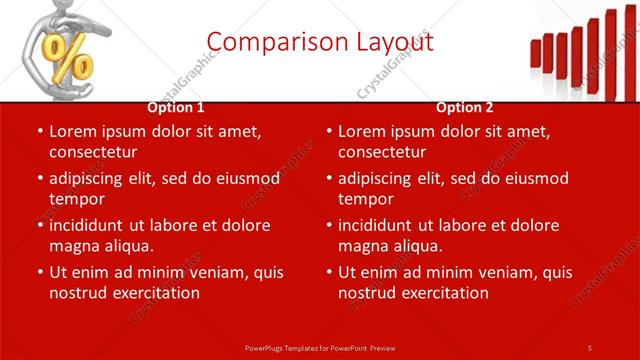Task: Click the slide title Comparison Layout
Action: click(x=320, y=42)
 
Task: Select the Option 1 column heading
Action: click(x=176, y=107)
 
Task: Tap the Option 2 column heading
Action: click(x=465, y=107)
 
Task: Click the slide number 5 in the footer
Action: click(x=590, y=347)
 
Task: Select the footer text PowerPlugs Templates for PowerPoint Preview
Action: click(x=320, y=347)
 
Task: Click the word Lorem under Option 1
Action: click(x=72, y=131)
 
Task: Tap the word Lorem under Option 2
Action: click(x=361, y=131)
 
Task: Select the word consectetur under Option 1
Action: click(x=93, y=152)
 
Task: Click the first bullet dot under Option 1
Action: click(x=39, y=132)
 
